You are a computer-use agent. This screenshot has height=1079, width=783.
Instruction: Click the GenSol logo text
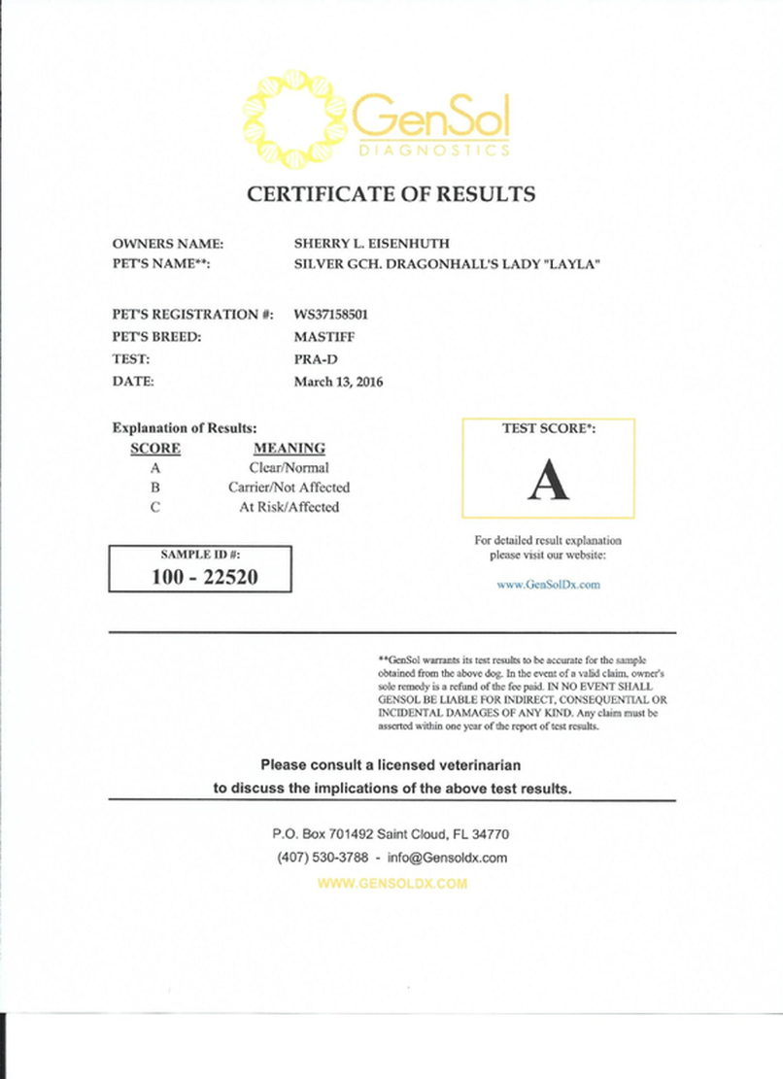[x=430, y=119]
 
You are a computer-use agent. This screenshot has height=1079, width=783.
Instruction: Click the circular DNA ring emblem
[x=294, y=118]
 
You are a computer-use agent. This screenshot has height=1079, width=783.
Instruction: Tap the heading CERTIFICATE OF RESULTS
[x=391, y=194]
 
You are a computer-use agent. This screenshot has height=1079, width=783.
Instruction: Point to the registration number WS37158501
[x=331, y=315]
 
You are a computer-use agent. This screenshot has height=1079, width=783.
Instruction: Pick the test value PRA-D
[x=314, y=359]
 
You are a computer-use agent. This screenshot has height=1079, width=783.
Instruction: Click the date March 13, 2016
[x=338, y=382]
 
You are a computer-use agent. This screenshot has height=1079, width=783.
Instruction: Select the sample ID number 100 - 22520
[x=200, y=576]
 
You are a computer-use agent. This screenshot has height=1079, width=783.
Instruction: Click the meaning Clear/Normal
[x=289, y=468]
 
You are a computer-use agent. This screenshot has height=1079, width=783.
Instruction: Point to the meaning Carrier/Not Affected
[x=289, y=488]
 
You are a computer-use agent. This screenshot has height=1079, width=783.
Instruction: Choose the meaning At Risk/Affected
[x=289, y=507]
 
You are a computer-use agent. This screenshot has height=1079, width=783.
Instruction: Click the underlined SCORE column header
[x=154, y=449]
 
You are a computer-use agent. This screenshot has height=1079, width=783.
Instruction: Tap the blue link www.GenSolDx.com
[x=548, y=585]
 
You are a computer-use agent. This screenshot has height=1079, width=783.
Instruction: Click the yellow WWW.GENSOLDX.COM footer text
[x=391, y=884]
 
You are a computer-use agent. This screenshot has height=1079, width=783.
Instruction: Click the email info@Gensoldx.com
[x=447, y=859]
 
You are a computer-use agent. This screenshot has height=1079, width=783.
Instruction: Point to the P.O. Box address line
[x=391, y=834]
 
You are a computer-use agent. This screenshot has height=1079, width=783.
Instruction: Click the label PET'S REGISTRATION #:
[x=192, y=315]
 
